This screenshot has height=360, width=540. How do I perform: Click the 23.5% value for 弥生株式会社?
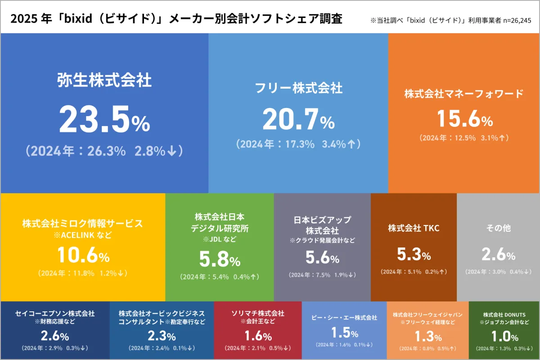pos(104,119)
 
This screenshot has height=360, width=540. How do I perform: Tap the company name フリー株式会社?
pos(298,88)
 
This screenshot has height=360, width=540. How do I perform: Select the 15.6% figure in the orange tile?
pos(465,119)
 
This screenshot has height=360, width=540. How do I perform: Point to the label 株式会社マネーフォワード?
pos(464,94)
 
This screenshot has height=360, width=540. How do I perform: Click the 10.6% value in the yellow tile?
pos(83,256)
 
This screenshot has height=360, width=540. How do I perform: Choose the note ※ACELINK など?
pos(83,235)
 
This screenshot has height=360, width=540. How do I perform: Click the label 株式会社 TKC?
pos(414,228)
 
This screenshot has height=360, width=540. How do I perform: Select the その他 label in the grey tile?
pos(498,228)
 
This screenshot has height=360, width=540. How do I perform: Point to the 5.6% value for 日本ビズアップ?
pos(322,257)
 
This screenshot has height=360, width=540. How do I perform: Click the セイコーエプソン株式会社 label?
pos(55,313)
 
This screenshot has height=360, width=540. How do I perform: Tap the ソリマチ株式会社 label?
pos(258,313)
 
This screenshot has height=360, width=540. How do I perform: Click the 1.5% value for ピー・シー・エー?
pos(344,333)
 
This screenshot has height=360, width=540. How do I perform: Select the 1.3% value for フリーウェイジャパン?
pos(427,336)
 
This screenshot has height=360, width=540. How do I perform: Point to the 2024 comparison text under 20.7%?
pos(298,144)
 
